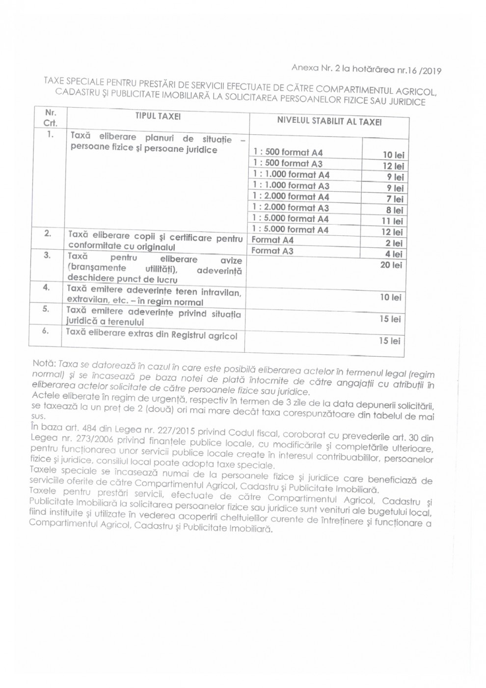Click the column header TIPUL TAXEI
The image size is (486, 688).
coord(158,116)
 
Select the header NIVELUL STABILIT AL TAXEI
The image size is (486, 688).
coord(329,121)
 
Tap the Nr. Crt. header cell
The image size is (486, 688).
coord(51,118)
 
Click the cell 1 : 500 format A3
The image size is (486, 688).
coord(288,164)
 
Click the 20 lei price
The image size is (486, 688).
coord(391,265)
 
